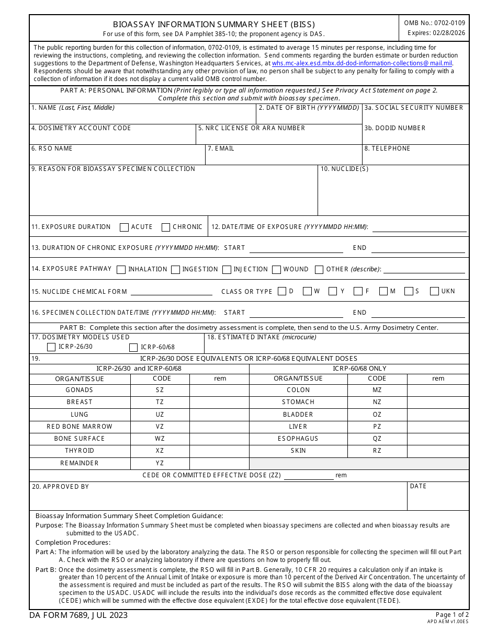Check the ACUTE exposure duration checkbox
pyautogui.click(x=124, y=227)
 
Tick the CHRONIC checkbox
pyautogui.click(x=166, y=227)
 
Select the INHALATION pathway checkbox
pyautogui.click(x=121, y=270)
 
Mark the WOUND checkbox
pyautogui.click(x=276, y=270)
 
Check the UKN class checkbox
pyautogui.click(x=434, y=292)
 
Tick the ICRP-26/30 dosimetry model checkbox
pyautogui.click(x=51, y=347)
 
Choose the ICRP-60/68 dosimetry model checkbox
pyautogui.click(x=133, y=347)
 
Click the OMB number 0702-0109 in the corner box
pyautogui.click(x=434, y=23)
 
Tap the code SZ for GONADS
pyautogui.click(x=160, y=390)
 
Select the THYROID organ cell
pyautogui.click(x=80, y=451)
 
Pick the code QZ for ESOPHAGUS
pyautogui.click(x=377, y=439)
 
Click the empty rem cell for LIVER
pyautogui.click(x=438, y=427)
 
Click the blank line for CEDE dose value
pyautogui.click(x=308, y=475)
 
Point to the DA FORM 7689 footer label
pyautogui.click(x=78, y=615)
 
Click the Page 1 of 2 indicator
pyautogui.click(x=452, y=615)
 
